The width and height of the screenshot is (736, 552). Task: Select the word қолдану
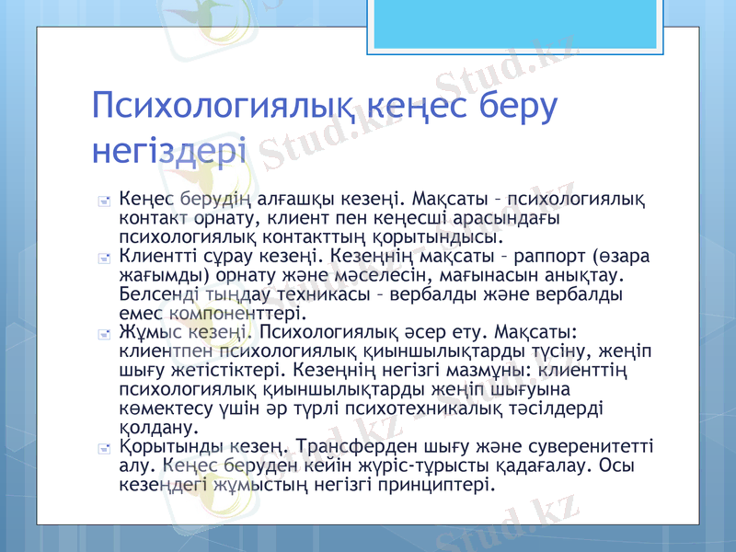click(153, 428)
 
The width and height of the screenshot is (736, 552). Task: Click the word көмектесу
click(167, 409)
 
